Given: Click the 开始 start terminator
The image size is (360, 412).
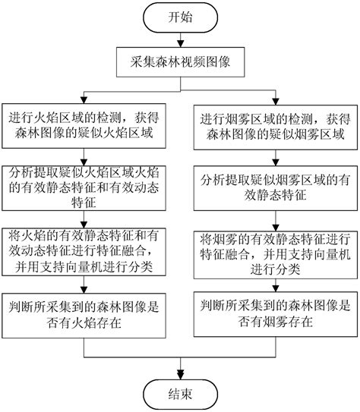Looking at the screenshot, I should (x=180, y=17).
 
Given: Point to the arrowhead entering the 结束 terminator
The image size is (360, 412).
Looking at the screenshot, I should (x=180, y=373).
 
